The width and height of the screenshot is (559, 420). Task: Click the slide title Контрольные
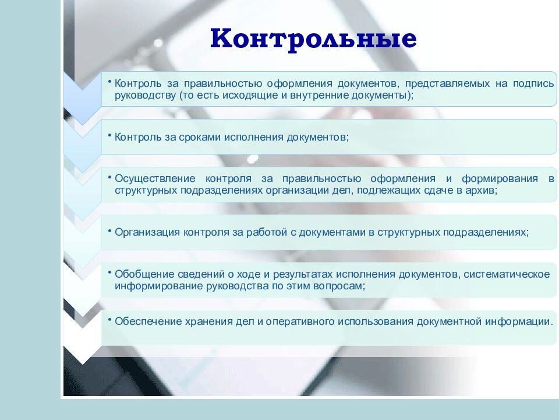tap(313, 39)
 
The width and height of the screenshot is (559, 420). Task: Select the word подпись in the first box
tap(533, 84)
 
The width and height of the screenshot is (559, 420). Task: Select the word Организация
tap(147, 232)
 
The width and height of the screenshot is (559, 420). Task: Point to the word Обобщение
tap(139, 274)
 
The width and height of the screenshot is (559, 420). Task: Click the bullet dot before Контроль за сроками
tap(109, 135)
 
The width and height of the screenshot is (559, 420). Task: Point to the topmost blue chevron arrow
tap(82, 96)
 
